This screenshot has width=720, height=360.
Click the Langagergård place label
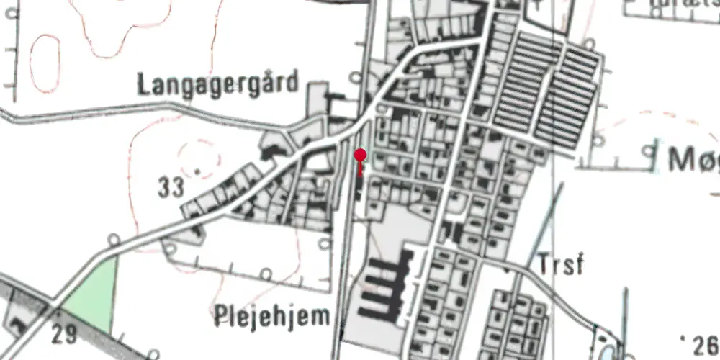click(217, 84)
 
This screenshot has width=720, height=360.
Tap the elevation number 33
click(171, 188)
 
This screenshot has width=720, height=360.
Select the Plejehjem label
click(272, 315)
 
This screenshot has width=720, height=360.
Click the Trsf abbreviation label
click(559, 265)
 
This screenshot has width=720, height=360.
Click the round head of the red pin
click(361, 155)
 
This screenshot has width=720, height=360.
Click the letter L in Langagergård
click(142, 84)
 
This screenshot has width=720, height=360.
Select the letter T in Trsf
click(544, 265)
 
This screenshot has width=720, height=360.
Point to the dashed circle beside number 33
click(197, 160)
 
